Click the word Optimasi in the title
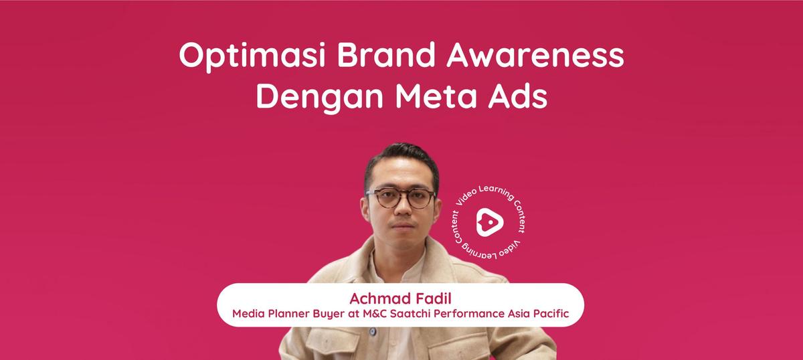tap(252, 56)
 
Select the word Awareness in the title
tap(535, 56)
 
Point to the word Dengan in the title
tap(319, 97)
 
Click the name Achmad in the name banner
tap(380, 298)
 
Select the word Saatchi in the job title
tap(410, 314)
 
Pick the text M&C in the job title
tap(375, 314)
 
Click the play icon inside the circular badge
tap(490, 222)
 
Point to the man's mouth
tap(402, 226)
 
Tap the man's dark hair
tap(401, 158)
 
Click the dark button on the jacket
tap(373, 331)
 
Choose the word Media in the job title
tap(248, 314)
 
